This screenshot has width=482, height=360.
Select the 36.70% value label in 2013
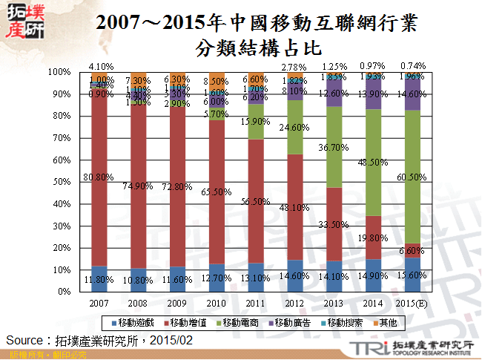click(x=334, y=148)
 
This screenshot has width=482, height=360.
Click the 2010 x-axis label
click(x=217, y=303)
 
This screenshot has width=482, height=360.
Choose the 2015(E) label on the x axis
click(x=412, y=303)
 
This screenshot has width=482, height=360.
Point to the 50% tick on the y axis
click(x=60, y=182)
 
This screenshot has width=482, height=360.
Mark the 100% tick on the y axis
click(x=59, y=72)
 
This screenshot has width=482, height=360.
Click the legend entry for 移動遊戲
click(x=135, y=322)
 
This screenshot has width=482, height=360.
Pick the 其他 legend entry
click(x=388, y=322)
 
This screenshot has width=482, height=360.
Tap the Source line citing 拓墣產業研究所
click(x=99, y=340)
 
